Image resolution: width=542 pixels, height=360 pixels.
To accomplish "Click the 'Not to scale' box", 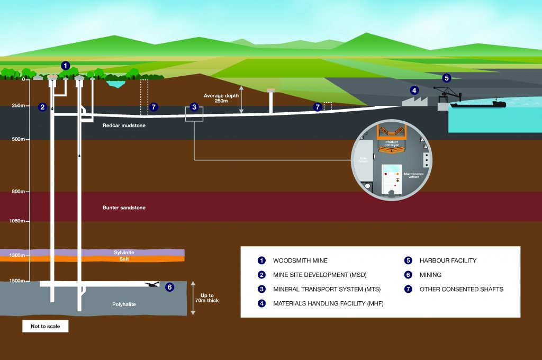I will click(45, 326).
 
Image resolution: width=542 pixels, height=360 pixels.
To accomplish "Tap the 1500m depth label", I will click(17, 281).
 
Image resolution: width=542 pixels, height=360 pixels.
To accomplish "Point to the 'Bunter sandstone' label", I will click(124, 208).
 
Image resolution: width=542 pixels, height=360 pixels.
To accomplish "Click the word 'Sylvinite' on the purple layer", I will click(124, 253).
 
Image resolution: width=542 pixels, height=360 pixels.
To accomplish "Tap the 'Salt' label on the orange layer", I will click(124, 259).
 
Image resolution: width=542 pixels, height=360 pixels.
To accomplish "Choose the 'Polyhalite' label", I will click(124, 305).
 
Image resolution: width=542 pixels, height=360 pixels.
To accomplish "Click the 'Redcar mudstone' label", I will click(124, 125).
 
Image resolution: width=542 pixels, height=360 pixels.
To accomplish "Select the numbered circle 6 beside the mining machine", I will click(169, 287).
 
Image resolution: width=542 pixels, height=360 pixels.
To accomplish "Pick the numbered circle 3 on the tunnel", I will click(194, 107).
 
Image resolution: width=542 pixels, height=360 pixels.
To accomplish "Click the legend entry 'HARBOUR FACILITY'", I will click(448, 260).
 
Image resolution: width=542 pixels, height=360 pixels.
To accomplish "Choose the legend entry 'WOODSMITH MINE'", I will click(300, 260).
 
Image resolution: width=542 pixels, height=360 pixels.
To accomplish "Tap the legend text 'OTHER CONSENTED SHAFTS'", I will click(461, 289).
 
